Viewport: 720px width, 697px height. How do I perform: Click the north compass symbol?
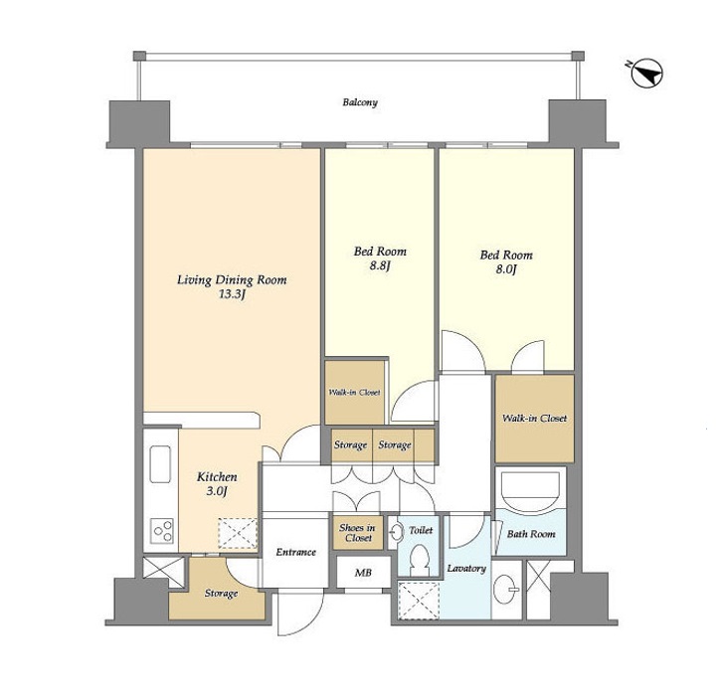pos(646,74)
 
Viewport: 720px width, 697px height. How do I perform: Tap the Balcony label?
pos(360,102)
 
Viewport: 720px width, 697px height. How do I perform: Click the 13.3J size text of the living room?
pos(232,294)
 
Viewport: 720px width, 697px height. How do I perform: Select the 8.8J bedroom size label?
pos(380,266)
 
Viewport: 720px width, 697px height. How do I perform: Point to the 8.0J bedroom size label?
pos(506,269)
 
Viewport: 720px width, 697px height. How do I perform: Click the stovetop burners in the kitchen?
pos(163,531)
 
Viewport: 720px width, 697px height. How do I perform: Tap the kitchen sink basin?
pos(160,463)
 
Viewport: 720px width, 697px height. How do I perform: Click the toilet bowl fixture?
pos(420,560)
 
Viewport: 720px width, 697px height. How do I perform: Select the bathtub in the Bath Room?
pos(530,489)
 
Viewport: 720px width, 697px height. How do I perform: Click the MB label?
pos(363,573)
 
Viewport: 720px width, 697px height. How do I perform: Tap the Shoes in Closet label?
pos(358,533)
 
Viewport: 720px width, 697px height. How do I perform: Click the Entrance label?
pos(295,552)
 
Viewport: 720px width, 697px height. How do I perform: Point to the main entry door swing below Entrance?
pos(300,613)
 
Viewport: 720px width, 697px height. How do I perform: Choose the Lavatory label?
pos(466,569)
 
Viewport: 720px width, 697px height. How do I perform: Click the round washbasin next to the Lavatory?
pos(505,589)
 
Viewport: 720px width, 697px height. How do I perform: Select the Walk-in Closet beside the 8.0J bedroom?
pos(534,419)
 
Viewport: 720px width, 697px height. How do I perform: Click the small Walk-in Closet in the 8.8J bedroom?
pos(354,393)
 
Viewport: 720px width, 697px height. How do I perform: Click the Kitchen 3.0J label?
pos(217,484)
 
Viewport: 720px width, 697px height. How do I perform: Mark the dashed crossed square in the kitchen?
pos(238,533)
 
